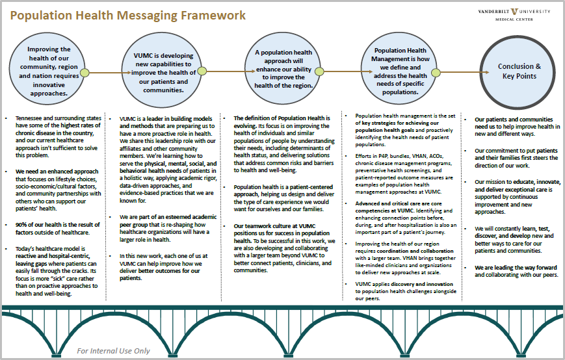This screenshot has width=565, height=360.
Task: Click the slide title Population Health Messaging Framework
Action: click(129, 16)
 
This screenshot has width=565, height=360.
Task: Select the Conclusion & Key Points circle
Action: click(519, 71)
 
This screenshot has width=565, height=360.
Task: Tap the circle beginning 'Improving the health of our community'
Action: click(49, 71)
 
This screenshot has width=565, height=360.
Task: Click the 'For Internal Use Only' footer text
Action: click(113, 351)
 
